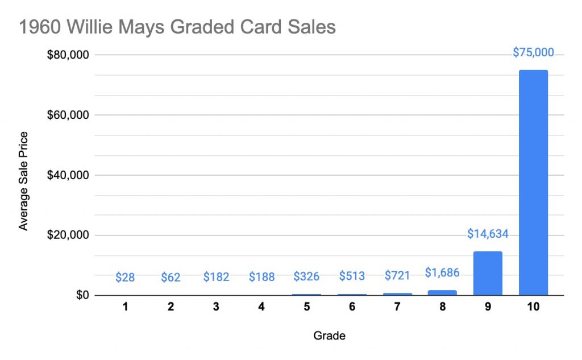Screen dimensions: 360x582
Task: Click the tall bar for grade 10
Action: tap(533, 182)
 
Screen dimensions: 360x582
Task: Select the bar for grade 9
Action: tap(487, 274)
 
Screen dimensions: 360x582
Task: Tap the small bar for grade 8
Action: tap(442, 292)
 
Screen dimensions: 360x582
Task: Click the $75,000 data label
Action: tap(533, 52)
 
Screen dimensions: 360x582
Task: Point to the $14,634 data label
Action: tap(487, 233)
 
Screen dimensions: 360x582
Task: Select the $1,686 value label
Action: tap(442, 272)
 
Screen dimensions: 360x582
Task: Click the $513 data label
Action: tap(352, 277)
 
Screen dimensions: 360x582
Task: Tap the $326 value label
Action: tap(306, 277)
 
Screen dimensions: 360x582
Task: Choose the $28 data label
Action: tap(125, 277)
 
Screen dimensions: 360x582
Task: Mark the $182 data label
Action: tap(216, 277)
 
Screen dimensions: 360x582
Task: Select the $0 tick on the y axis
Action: tap(83, 295)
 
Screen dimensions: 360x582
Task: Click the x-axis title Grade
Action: tap(329, 336)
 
